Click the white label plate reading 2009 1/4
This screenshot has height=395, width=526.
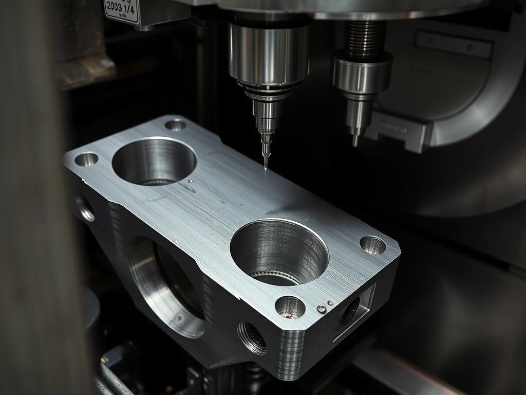pyautogui.click(x=122, y=11)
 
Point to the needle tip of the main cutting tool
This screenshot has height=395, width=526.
pyautogui.click(x=266, y=167)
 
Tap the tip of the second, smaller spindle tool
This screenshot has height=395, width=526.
pyautogui.click(x=354, y=143)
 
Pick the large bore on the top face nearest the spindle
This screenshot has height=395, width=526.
pyautogui.click(x=154, y=161)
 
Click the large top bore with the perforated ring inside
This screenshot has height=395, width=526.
pyautogui.click(x=279, y=252)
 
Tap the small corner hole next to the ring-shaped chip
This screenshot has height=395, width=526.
pyautogui.click(x=290, y=307)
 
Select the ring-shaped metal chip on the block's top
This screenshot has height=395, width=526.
pyautogui.click(x=322, y=309)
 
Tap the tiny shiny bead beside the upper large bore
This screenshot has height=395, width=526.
pyautogui.click(x=191, y=181)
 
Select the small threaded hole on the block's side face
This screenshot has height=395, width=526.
pyautogui.click(x=252, y=337)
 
